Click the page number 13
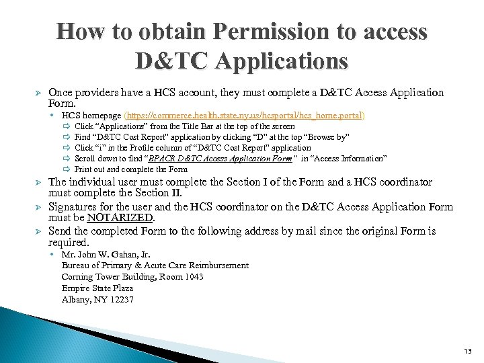tap(468, 351)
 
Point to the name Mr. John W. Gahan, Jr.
tap(106, 254)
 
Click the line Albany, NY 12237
tap(97, 299)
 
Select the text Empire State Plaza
tap(97, 288)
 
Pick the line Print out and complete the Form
tap(131, 169)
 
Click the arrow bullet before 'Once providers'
tap(38, 93)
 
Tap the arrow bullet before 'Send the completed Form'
tap(38, 231)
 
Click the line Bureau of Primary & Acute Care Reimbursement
tap(155, 266)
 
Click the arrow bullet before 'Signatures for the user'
tap(38, 207)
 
